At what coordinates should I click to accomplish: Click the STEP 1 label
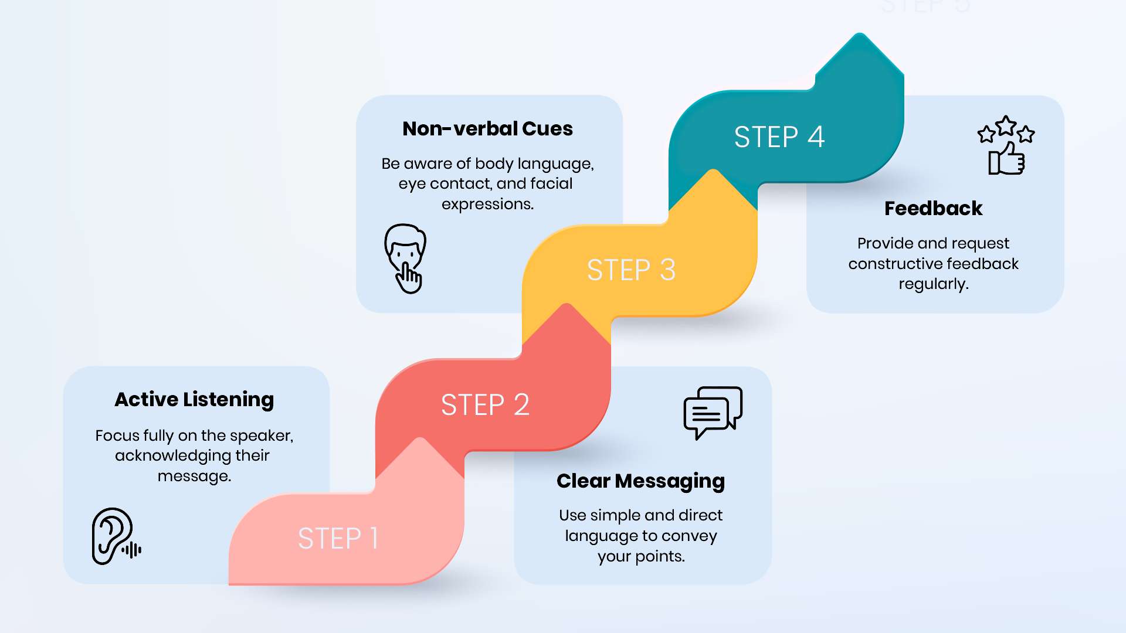[x=338, y=538]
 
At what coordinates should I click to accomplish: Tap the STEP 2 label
[x=485, y=404]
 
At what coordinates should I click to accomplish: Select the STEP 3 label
[x=631, y=270]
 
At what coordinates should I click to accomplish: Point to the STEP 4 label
[x=779, y=137]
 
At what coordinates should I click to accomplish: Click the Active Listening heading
[x=194, y=400]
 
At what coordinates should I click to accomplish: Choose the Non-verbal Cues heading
[x=487, y=128]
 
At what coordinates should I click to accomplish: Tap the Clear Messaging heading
[x=640, y=481]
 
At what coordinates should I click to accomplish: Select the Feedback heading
[x=933, y=208]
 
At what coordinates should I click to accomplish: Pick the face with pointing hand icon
[x=405, y=258]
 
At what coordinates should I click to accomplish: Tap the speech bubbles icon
[x=713, y=413]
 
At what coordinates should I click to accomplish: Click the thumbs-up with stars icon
[x=1006, y=145]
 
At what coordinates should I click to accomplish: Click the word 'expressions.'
[x=487, y=205]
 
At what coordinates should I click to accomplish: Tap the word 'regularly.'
[x=934, y=284]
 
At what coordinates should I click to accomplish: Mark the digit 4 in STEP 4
[x=816, y=137]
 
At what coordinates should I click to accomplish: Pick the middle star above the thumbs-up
[x=1006, y=124]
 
